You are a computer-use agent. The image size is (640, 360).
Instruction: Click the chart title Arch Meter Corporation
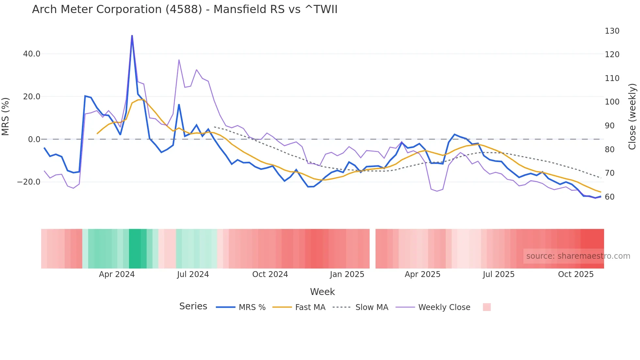(x=184, y=9)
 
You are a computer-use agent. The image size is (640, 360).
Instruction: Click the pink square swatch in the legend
(x=487, y=307)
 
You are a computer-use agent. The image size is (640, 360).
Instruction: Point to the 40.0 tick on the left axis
(x=32, y=54)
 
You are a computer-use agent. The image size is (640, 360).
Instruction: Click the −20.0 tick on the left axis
(x=29, y=182)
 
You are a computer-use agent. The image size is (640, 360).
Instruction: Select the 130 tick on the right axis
(x=612, y=31)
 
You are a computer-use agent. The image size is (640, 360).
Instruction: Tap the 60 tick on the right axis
(x=610, y=197)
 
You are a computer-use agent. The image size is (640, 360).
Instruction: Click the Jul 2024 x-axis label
(x=193, y=274)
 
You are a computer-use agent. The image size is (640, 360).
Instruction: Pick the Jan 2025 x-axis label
(x=347, y=274)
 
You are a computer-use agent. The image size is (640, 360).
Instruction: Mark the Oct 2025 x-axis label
(x=576, y=274)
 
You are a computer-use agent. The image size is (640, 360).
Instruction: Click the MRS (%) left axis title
(x=6, y=117)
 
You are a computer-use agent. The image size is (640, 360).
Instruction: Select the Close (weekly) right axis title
(x=632, y=117)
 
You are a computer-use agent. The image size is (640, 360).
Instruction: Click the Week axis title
(x=322, y=292)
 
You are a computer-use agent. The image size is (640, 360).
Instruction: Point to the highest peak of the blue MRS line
(x=132, y=36)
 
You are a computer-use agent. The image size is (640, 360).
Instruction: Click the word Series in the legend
(x=193, y=306)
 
